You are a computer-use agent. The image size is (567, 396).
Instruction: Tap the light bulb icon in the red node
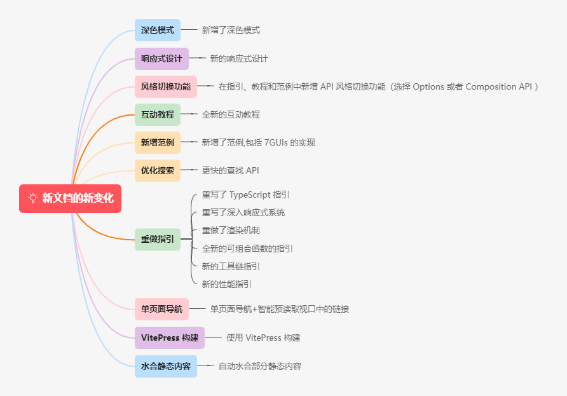tap(33, 198)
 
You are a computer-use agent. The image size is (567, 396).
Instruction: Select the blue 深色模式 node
tap(157, 30)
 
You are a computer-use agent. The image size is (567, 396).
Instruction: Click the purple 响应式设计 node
tap(161, 58)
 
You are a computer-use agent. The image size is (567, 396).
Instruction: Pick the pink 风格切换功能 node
tap(165, 86)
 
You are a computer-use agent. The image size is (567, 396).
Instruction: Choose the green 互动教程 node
tap(157, 114)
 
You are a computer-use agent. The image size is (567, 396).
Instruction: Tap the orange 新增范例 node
tap(157, 142)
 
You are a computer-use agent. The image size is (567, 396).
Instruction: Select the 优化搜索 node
tap(157, 170)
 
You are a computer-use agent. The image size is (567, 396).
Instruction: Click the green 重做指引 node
tap(157, 240)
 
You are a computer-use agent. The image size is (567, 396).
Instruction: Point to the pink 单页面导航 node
tap(161, 310)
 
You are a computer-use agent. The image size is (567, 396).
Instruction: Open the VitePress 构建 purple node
tap(169, 338)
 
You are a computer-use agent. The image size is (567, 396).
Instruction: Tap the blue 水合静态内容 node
tap(165, 366)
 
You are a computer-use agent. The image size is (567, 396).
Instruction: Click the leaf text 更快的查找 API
tap(230, 170)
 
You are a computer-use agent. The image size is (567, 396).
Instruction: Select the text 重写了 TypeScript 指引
tap(245, 195)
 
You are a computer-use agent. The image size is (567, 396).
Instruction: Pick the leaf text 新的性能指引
tap(226, 284)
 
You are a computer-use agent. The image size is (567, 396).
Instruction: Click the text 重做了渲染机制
tap(230, 230)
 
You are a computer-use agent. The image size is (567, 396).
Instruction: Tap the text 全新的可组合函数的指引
tap(247, 249)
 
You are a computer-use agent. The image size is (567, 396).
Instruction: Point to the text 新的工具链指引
tap(230, 266)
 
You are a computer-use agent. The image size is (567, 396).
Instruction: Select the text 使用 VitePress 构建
tap(263, 338)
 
